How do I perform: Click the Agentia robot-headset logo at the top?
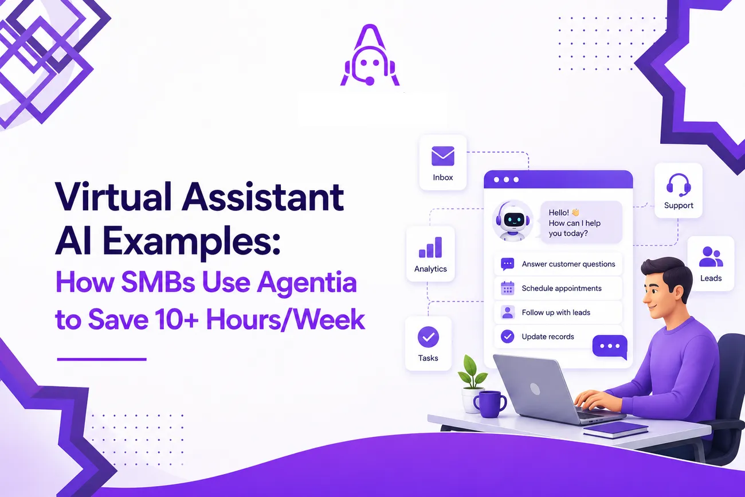370,55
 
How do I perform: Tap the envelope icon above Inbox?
442,156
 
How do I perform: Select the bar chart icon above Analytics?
430,247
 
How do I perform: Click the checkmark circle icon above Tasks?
428,337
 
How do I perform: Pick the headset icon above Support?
679,185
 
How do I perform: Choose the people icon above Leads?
711,256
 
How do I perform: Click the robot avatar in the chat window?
513,221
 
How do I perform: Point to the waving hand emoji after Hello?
575,212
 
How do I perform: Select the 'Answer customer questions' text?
568,264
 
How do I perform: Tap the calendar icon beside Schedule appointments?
508,288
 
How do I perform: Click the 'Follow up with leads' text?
556,312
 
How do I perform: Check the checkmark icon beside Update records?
508,336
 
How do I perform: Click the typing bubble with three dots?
610,347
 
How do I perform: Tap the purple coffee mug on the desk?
490,404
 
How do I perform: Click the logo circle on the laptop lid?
535,389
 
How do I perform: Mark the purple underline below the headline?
102,359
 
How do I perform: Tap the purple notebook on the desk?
615,429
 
